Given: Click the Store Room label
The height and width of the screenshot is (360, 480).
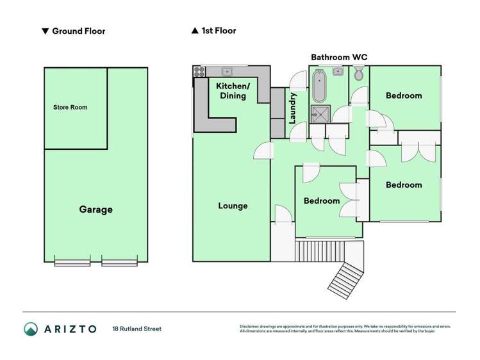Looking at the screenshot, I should click(x=70, y=107).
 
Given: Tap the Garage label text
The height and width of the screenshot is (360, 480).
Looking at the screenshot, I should click(x=95, y=209).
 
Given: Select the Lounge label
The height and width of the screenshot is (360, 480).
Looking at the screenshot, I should click(x=233, y=206).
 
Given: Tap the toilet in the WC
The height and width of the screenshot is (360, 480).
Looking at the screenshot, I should click(x=358, y=75).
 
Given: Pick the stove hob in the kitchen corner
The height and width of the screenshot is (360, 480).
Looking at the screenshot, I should click(x=199, y=71).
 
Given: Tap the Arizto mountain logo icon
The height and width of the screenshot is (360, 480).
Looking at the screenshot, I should click(x=31, y=329).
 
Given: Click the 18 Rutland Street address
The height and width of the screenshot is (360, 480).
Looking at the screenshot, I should click(x=137, y=329).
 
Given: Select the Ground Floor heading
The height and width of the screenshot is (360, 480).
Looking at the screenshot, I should click(x=78, y=31).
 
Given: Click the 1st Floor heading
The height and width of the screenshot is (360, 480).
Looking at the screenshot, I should click(x=219, y=31).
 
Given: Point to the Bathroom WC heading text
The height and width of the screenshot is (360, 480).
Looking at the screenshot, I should click(x=339, y=57).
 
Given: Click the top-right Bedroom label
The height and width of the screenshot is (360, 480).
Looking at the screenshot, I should click(x=404, y=95).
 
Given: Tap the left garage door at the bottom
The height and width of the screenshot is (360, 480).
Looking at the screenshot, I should click(x=72, y=261).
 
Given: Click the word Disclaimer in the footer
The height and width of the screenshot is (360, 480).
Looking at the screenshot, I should click(x=250, y=327).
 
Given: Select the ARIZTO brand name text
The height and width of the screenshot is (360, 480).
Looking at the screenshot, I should click(x=70, y=329).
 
